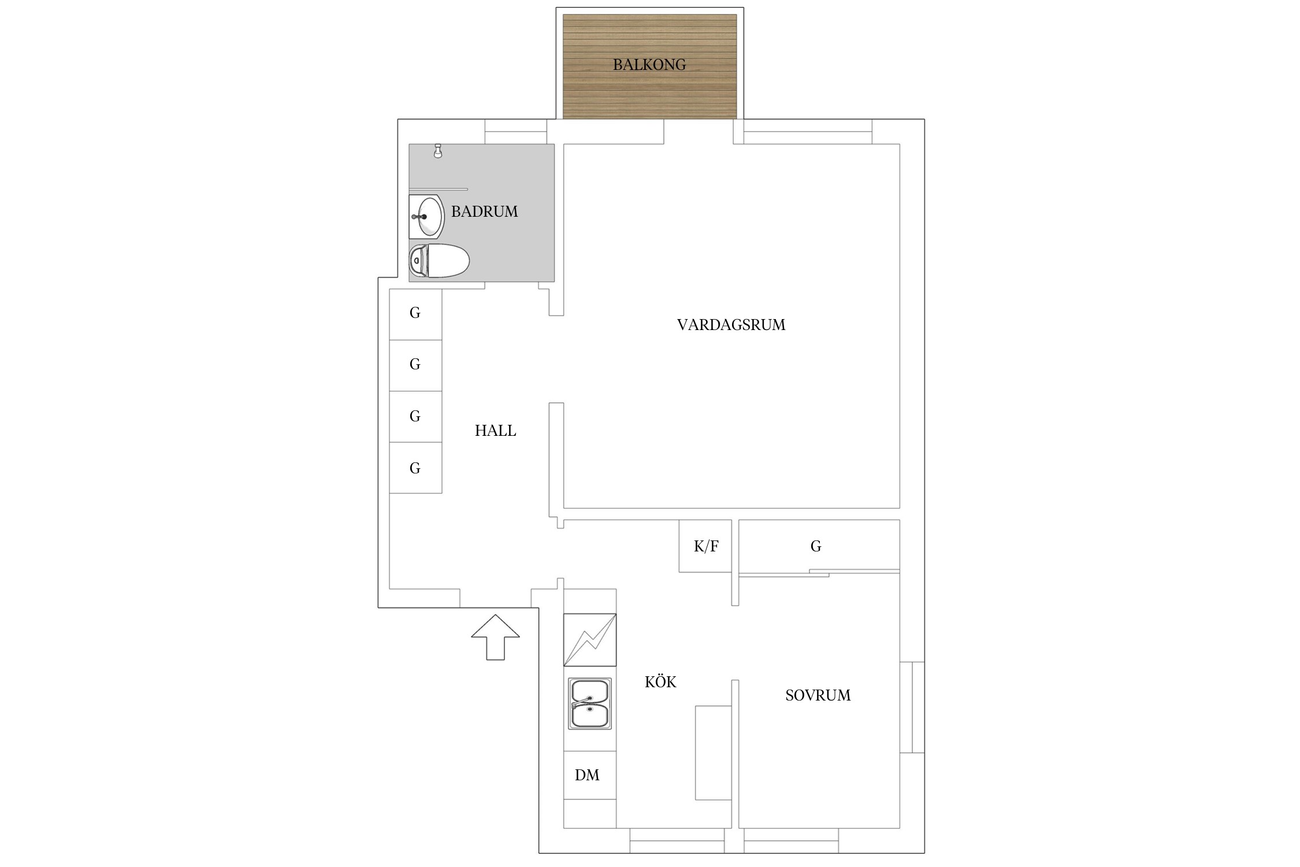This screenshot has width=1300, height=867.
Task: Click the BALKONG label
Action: pos(649,64)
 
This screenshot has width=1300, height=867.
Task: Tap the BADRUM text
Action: pos(484,212)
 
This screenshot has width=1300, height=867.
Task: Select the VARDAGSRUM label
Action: pos(731,325)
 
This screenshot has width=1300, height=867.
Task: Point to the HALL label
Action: pos(495,431)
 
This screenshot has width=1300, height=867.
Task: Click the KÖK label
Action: pos(660,681)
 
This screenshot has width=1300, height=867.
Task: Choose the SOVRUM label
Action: pos(818,695)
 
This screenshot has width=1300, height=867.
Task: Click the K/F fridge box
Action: pos(705,546)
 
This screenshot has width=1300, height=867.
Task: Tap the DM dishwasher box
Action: pos(590,775)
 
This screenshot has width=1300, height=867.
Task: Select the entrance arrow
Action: pos(495,637)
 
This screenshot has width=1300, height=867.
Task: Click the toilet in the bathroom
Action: pos(439,261)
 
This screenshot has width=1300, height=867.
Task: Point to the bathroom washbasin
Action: pos(426,217)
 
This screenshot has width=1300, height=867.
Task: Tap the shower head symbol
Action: pos(438,151)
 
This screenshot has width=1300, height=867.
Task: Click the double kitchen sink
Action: pos(590,703)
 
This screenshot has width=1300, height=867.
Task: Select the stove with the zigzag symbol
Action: pos(590,640)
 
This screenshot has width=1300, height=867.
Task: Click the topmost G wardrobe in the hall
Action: pos(415,314)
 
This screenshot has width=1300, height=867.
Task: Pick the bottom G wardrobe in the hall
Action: pos(415,468)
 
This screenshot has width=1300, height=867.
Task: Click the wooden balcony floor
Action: pos(649,66)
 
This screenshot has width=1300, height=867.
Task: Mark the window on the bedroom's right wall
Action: pos(912,707)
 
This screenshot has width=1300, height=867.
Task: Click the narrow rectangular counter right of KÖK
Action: pos(714,753)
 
